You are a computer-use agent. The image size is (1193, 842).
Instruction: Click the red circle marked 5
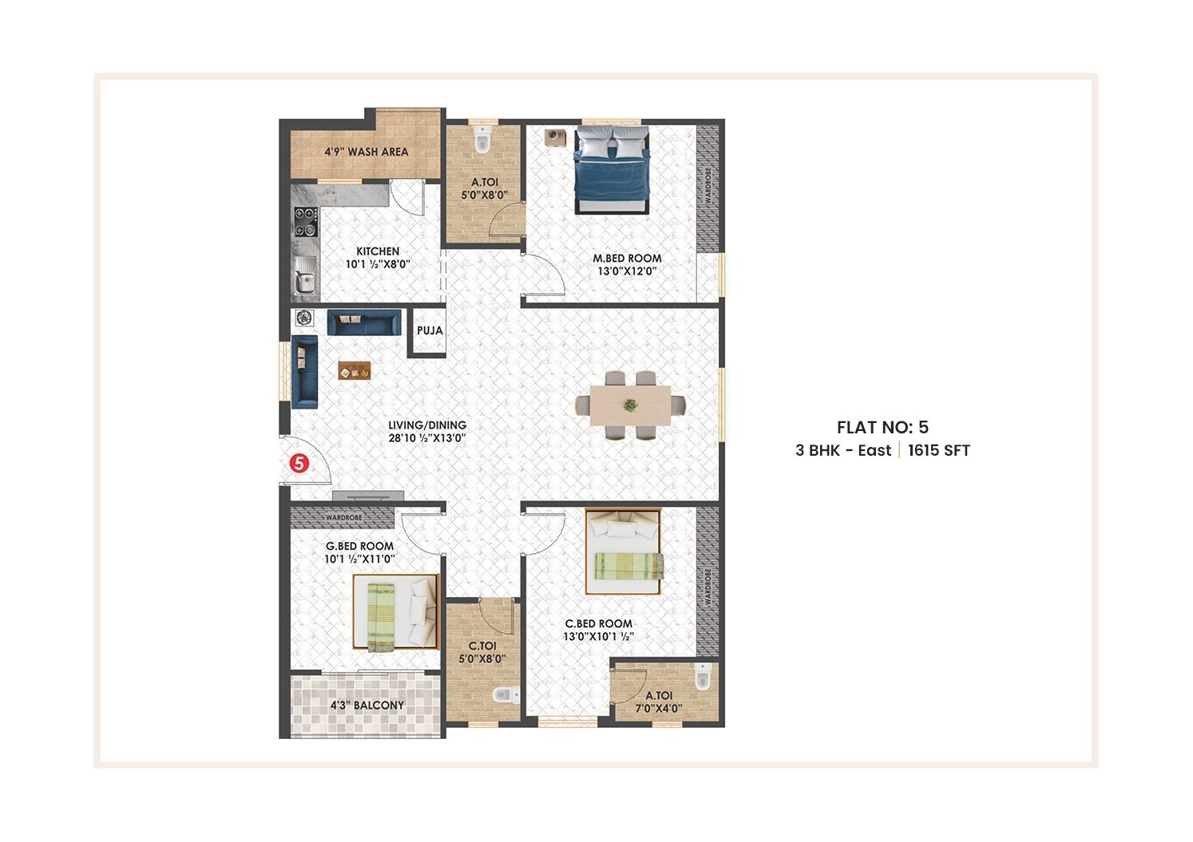pos(299,462)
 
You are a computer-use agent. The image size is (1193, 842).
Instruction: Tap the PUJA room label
pos(430,330)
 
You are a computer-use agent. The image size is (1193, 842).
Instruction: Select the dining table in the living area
pos(631,405)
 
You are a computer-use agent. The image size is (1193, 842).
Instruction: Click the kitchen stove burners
pos(305,221)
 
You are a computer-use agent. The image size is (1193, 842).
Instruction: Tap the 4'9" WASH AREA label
pos(366,152)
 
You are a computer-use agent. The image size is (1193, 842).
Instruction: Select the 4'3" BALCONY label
pos(367,706)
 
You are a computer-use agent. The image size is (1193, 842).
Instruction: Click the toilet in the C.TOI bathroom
pos(504,695)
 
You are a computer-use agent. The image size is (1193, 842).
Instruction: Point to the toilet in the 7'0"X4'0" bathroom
pos(702,677)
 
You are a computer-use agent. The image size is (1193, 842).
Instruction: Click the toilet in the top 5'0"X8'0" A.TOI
pos(482,139)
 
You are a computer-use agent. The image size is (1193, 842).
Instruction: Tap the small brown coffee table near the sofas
pos(355,370)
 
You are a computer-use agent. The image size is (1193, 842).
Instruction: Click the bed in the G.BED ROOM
pos(395,613)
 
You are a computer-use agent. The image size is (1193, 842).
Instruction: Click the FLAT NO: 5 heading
pos(882,427)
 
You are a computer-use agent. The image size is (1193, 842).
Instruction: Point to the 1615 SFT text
pos(938,450)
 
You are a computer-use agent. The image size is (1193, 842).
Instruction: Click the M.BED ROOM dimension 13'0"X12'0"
pos(627,271)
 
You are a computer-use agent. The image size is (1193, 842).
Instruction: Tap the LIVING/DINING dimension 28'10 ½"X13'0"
pos(426,438)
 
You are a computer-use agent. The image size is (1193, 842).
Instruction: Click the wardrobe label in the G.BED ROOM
pos(343,518)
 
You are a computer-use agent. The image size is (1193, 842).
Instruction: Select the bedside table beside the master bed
pos(555,136)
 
